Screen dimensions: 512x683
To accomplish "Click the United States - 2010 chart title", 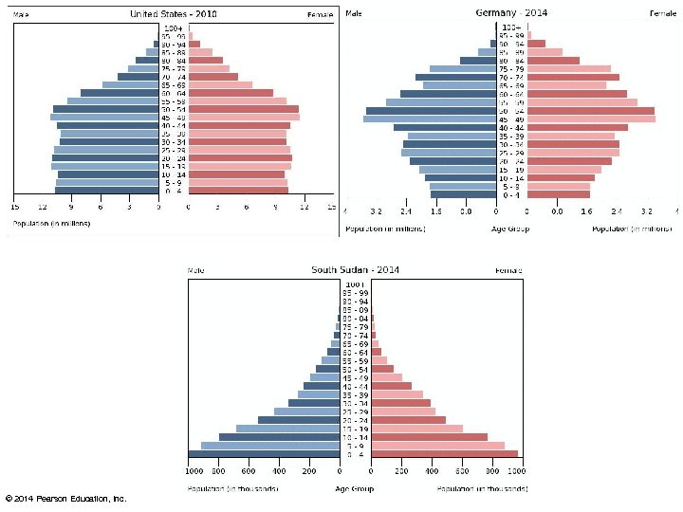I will click(x=173, y=14).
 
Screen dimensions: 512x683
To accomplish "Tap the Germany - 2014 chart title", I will click(x=510, y=12).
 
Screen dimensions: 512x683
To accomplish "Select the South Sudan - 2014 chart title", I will click(x=355, y=270).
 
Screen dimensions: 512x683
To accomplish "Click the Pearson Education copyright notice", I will click(x=66, y=498).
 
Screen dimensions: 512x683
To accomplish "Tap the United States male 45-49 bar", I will click(x=104, y=118).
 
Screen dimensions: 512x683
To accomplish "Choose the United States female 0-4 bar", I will click(x=238, y=191).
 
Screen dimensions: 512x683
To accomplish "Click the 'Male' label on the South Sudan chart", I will click(x=196, y=271).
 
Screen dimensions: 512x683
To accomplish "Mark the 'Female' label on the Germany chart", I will click(x=662, y=13).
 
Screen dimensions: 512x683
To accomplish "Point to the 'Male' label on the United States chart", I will click(x=21, y=15).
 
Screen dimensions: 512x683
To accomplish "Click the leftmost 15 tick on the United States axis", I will click(x=14, y=207).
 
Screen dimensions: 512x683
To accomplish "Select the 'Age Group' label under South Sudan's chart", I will click(x=354, y=489).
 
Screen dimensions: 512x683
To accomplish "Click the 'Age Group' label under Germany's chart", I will click(x=510, y=229).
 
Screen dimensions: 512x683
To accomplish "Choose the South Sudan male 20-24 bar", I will click(x=299, y=420).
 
